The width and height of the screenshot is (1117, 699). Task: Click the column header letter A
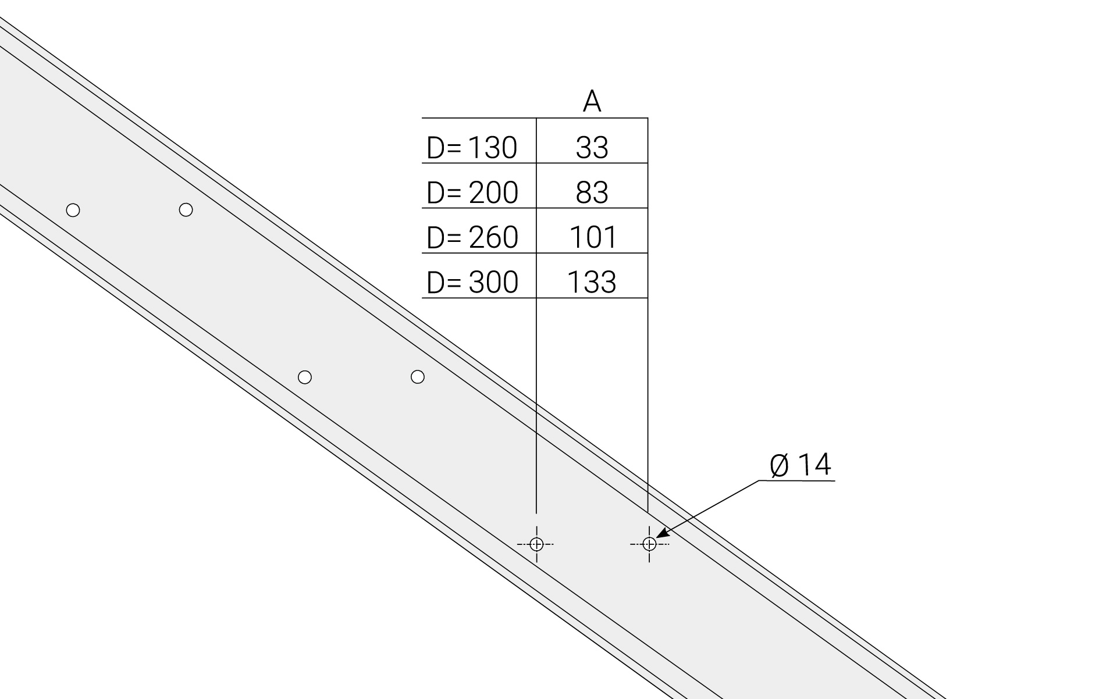click(592, 102)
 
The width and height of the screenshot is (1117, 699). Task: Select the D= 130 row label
click(472, 148)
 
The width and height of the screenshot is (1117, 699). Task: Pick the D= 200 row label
click(472, 192)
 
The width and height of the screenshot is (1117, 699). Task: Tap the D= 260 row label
click(472, 237)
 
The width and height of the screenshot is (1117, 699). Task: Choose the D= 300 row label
click(472, 282)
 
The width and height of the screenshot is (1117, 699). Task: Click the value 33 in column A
click(592, 148)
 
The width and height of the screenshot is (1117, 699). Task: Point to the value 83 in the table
click(592, 192)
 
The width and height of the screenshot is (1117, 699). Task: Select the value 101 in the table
click(593, 237)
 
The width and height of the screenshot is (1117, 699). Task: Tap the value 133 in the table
click(592, 282)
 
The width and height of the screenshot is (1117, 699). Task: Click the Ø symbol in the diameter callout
click(780, 466)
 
